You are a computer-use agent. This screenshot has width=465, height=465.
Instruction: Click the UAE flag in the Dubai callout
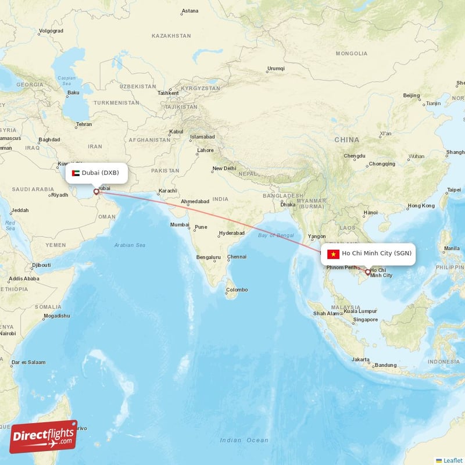[x=76, y=173]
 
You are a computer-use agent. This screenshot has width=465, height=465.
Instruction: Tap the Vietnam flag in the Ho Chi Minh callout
[x=333, y=253]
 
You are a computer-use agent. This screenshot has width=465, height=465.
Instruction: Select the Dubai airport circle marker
[x=96, y=191]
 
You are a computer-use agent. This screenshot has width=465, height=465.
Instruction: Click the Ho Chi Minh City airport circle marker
[x=367, y=272]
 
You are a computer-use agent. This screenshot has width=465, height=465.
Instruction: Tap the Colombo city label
[x=237, y=289]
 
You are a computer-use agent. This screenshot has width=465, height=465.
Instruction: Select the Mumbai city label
[x=180, y=224]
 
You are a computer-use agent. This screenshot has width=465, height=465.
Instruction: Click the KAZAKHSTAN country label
[x=171, y=35]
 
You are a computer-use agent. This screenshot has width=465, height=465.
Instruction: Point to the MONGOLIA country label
[x=352, y=53]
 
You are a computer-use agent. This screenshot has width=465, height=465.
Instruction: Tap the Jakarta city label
[x=361, y=359]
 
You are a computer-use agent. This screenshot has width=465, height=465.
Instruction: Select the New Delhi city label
[x=224, y=169]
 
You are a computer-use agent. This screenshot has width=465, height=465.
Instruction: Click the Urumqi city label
[x=276, y=69]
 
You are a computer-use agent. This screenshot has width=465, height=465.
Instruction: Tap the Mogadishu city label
[x=56, y=316]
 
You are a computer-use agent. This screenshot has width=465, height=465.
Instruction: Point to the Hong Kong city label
[x=421, y=206]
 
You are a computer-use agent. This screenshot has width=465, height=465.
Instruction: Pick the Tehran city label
[x=84, y=124]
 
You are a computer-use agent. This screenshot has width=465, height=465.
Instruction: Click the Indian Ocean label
[x=244, y=440]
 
